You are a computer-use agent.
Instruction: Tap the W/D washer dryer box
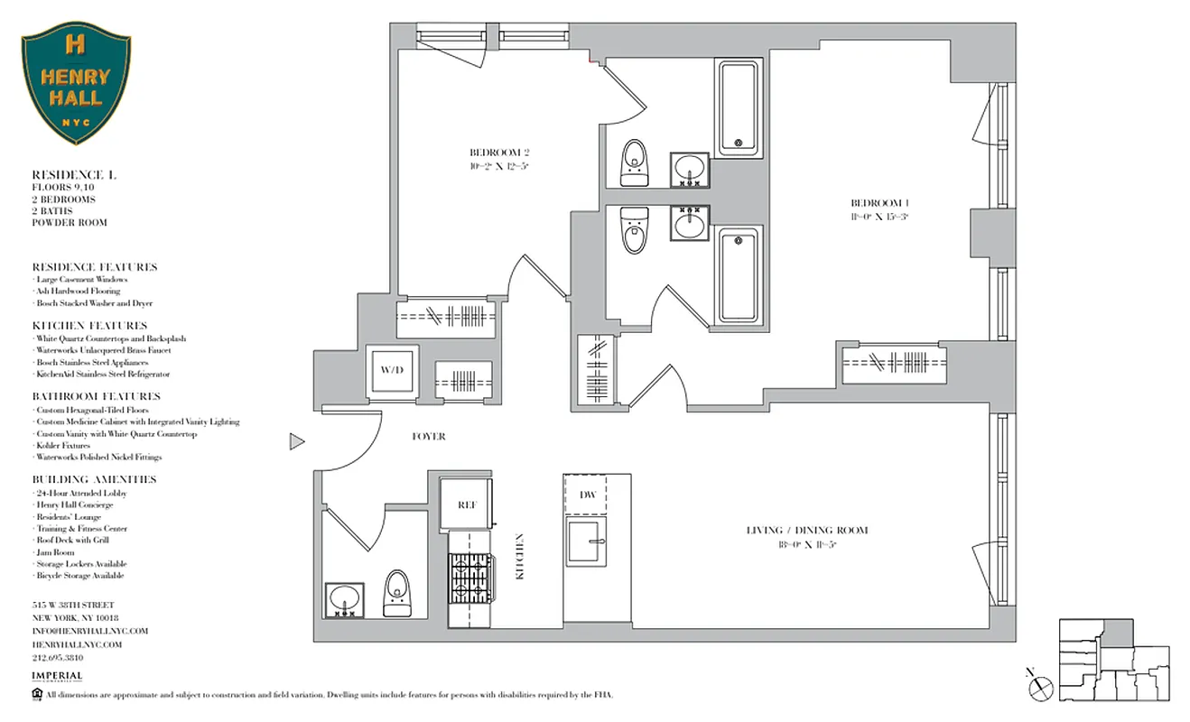[x=392, y=370]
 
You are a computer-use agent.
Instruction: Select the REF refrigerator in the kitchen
[x=466, y=505]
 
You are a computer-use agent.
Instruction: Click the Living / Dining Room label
[x=806, y=536]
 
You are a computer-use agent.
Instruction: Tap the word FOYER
[x=428, y=437]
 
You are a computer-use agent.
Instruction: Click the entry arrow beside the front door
[x=296, y=442]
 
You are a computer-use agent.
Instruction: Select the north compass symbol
[x=1039, y=685]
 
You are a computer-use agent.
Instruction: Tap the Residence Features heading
[x=94, y=267]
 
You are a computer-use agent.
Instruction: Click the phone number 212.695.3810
[x=64, y=658]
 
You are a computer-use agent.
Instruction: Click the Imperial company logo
[x=57, y=677]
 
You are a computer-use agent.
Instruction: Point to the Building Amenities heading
[x=94, y=479]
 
